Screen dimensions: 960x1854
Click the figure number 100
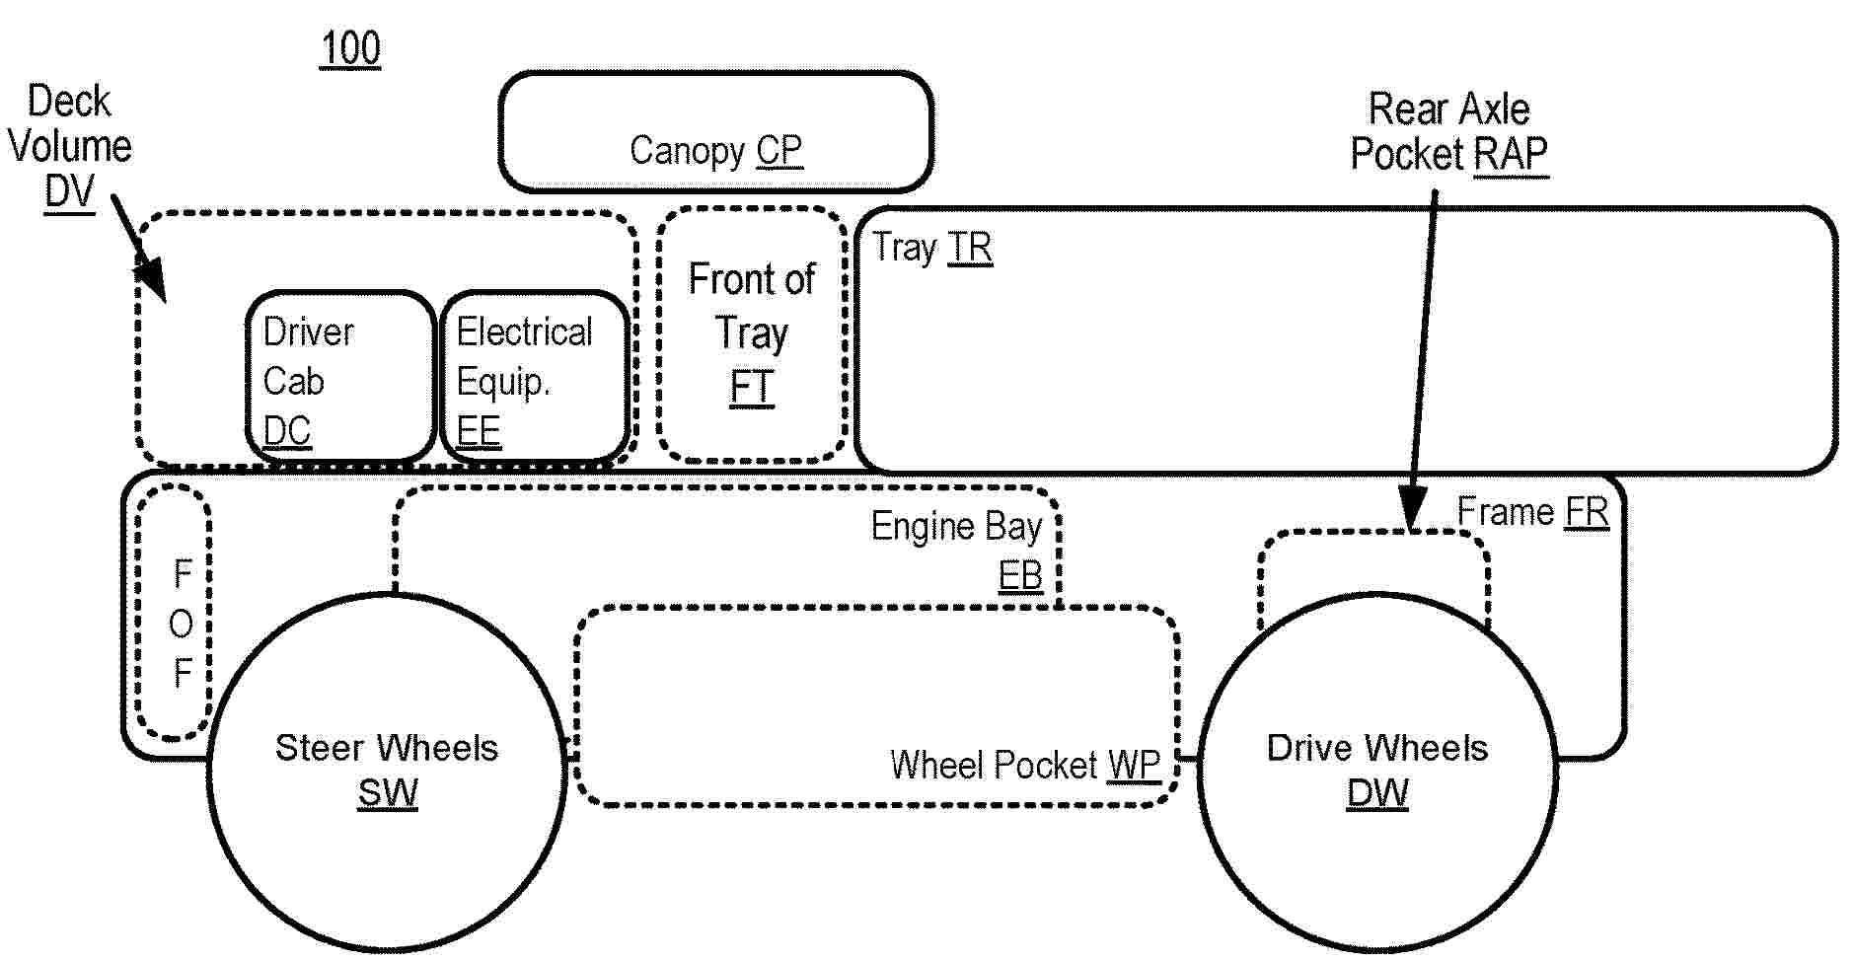[x=350, y=49]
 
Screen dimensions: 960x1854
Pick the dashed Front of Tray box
[x=752, y=333]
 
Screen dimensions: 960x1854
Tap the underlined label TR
[x=970, y=248]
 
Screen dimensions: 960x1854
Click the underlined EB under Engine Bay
[x=1020, y=574]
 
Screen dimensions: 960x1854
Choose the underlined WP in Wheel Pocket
[x=1135, y=765]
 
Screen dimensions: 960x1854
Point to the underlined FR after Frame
[x=1587, y=512]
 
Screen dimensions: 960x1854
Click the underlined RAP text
[x=1511, y=155]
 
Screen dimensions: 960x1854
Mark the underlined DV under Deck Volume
[x=69, y=191]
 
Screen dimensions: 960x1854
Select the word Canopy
[x=687, y=151]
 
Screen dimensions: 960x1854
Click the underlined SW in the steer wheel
[x=387, y=793]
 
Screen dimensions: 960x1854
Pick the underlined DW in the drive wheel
[x=1377, y=793]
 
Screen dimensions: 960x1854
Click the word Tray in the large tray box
[x=904, y=248]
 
